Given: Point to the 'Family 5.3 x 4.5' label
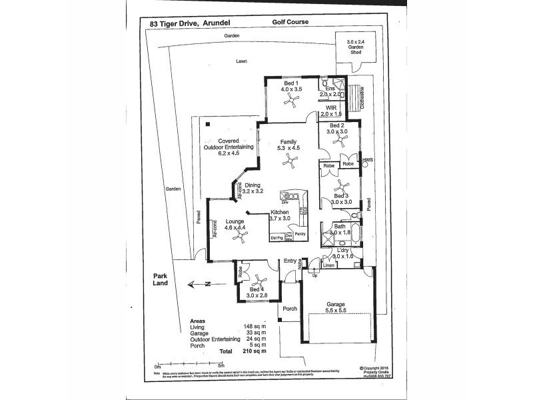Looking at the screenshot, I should (288, 145).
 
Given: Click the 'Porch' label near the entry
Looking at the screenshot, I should (289, 309).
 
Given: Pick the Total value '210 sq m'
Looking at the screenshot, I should (254, 351).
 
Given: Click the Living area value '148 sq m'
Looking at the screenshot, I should (254, 326).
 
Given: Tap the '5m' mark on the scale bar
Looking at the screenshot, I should (221, 365).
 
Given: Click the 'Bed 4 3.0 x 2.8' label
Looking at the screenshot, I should (257, 291).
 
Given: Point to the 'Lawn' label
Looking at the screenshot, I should (241, 61).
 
